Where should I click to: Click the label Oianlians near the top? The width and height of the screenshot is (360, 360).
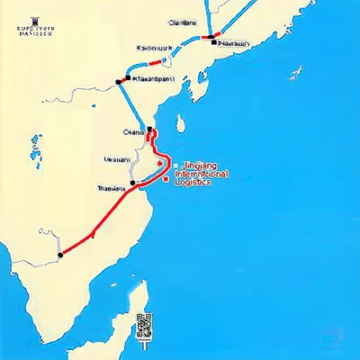(x=183, y=24)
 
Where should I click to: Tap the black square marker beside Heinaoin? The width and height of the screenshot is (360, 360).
(x=214, y=41)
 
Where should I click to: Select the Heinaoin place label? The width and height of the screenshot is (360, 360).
(x=234, y=41)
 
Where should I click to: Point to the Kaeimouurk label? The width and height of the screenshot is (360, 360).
(x=155, y=48)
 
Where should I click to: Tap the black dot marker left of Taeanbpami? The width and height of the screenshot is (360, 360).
(x=119, y=80)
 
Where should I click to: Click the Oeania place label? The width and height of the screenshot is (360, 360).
(x=133, y=132)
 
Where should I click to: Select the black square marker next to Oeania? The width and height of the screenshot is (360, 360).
(x=149, y=131)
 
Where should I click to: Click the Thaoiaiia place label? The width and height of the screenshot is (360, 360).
(x=112, y=187)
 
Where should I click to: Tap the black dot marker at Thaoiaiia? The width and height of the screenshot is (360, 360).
(x=132, y=184)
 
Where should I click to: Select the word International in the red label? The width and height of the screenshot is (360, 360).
(x=210, y=174)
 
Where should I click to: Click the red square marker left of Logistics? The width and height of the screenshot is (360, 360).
(x=166, y=180)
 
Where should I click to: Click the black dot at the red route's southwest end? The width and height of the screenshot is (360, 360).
(x=59, y=256)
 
